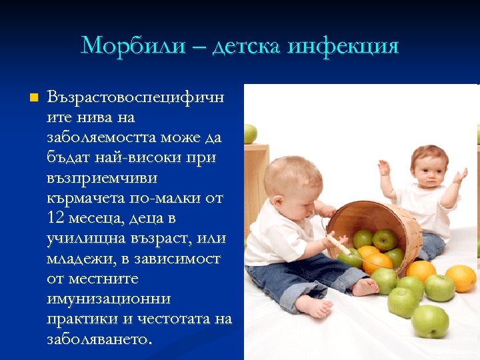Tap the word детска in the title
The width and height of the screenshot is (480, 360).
pos(247,46)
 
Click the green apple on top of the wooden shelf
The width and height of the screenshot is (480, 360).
pos(250,133)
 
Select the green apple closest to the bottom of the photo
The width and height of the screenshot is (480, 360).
pos(429,321)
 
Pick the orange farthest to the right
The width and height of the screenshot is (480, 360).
pos(461,278)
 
